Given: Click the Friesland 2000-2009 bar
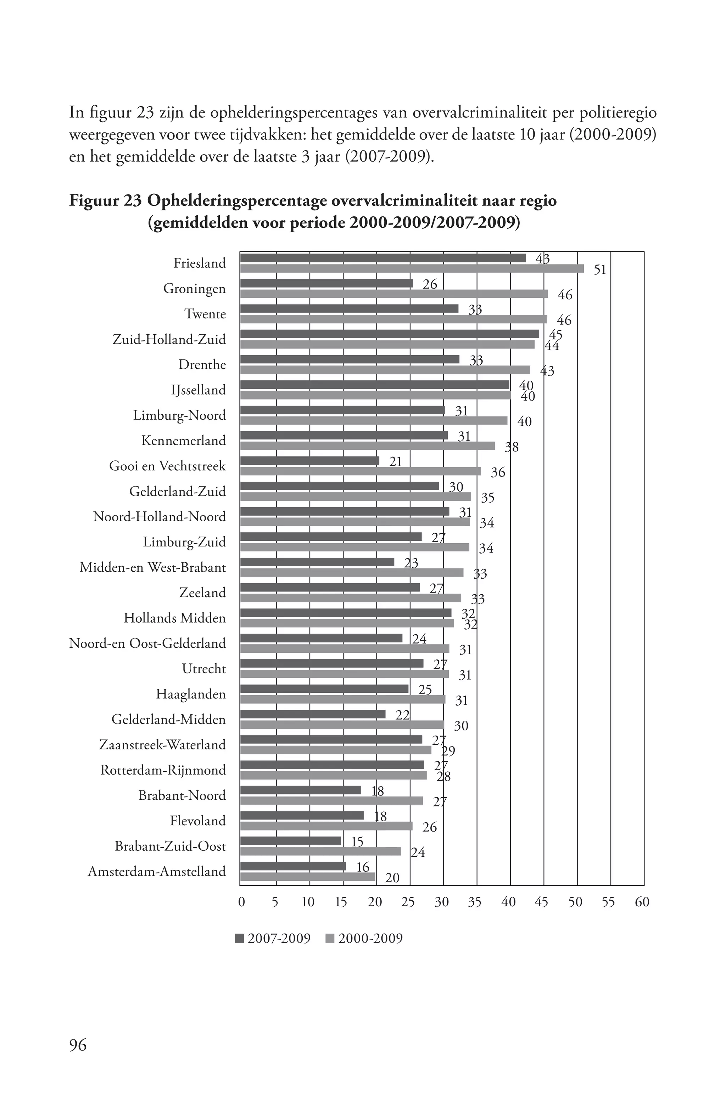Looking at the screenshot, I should pos(411,268).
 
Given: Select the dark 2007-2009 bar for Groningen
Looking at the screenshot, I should pos(326,283).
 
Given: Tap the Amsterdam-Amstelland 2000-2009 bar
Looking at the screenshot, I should pos(307,877).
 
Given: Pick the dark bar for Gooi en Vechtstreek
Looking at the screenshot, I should pos(309,461).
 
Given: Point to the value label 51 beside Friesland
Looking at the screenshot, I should pos(599,270).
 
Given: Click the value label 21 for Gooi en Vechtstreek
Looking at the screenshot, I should pos(395,462).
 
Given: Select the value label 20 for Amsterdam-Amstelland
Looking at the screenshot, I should pos(392,878).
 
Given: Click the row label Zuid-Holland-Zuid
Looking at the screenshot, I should pos(169,339).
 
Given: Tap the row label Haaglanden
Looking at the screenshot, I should pos(191,694).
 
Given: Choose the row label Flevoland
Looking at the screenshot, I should pos(197,821).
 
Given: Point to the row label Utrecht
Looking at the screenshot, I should pos(204,669).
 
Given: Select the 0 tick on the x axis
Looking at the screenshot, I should pos(241,902).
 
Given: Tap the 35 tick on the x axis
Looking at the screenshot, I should pos(474,902).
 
